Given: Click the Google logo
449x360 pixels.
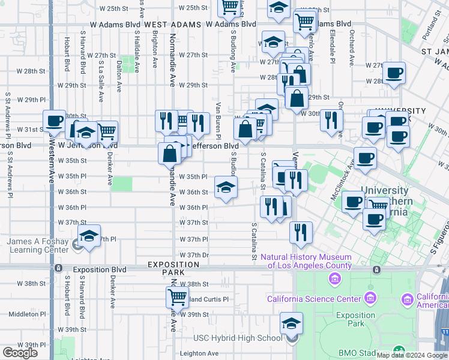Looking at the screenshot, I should click(20, 352).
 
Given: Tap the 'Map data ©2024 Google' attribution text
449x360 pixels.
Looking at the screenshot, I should click(412, 355).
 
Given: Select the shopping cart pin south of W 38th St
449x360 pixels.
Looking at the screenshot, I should click(177, 296).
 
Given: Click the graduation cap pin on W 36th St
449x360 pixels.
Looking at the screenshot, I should click(226, 188).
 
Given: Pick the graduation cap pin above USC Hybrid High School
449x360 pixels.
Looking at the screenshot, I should click(291, 323).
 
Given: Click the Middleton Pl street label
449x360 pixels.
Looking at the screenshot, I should click(23, 314).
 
